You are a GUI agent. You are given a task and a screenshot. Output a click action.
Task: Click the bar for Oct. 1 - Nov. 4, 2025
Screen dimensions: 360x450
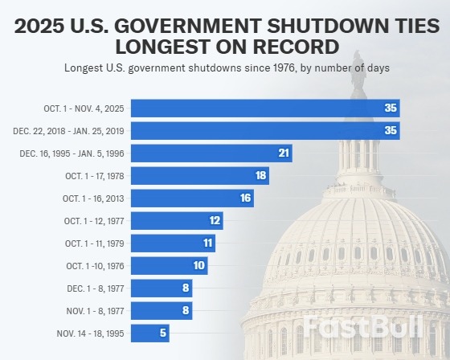(264, 108)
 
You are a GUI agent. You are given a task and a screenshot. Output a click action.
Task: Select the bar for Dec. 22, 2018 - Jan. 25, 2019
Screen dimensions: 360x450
(264, 131)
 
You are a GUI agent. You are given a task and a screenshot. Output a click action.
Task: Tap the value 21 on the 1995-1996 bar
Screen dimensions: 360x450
(283, 153)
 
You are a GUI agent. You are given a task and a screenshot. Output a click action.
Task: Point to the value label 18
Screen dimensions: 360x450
(260, 176)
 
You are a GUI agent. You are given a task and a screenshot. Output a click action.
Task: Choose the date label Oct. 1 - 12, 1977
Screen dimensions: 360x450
(94, 221)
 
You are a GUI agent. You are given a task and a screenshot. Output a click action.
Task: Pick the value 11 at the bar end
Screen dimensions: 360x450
(207, 243)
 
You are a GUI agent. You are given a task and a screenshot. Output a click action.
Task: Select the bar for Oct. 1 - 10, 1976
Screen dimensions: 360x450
(169, 266)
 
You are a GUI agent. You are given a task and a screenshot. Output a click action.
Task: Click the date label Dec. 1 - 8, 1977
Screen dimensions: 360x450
(96, 288)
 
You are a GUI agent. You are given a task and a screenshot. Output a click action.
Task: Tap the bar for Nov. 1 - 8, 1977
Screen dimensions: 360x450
(162, 311)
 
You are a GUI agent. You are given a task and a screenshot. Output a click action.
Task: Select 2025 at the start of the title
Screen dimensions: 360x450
(41, 27)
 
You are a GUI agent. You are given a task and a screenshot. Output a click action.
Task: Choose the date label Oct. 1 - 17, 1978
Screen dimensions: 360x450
(94, 176)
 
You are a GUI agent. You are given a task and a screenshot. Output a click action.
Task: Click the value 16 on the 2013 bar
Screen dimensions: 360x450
(245, 198)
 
